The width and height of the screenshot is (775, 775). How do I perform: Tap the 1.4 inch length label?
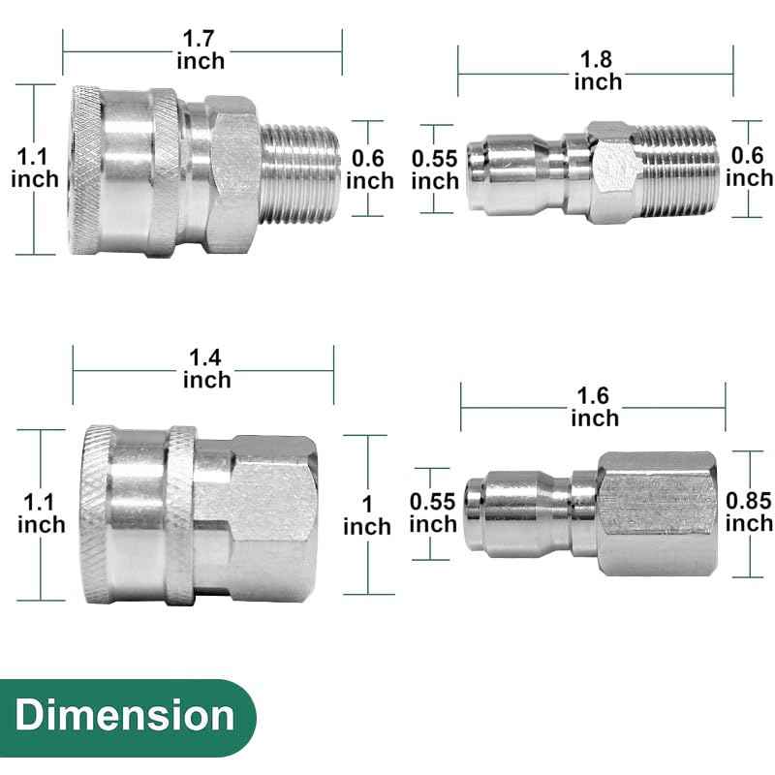pyautogui.click(x=207, y=368)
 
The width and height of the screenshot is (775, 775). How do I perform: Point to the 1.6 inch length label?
pyautogui.click(x=594, y=407)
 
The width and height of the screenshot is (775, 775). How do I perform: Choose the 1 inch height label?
pyautogui.click(x=366, y=514)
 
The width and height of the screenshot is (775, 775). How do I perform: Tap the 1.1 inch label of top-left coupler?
pyautogui.click(x=34, y=167)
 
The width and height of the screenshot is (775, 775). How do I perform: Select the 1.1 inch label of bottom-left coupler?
pyautogui.click(x=41, y=512)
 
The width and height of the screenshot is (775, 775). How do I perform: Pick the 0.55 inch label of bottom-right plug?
pyautogui.click(x=433, y=512)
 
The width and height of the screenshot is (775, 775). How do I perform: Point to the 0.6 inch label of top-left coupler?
pyautogui.click(x=370, y=169)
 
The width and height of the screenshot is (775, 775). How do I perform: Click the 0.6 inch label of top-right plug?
pyautogui.click(x=750, y=167)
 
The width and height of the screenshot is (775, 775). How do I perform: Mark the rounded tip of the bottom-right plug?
pyautogui.click(x=477, y=513)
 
